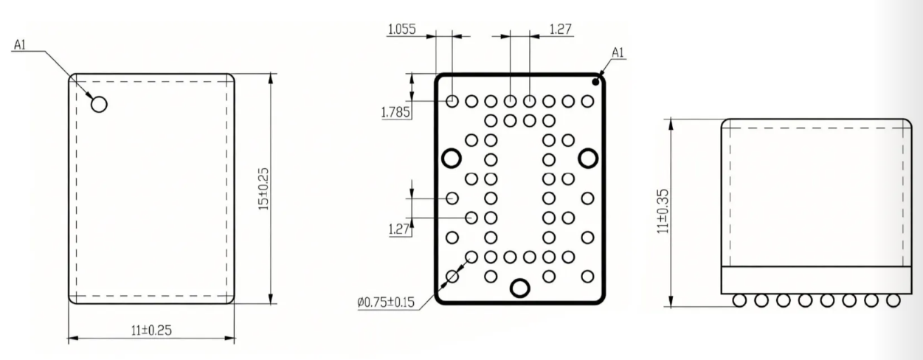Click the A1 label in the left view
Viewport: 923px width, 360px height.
(20, 44)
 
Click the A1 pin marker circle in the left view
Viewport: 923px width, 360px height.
(99, 104)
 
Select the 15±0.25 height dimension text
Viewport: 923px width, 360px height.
(263, 189)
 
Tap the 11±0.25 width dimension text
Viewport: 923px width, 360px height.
(151, 330)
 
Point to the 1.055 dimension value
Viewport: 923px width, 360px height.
(402, 30)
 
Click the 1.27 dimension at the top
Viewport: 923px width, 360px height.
(561, 30)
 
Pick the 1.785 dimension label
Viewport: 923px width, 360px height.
(396, 112)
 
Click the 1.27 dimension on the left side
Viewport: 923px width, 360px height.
(399, 229)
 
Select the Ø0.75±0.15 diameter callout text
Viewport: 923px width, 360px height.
(386, 302)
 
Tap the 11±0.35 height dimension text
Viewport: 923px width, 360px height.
(663, 211)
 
